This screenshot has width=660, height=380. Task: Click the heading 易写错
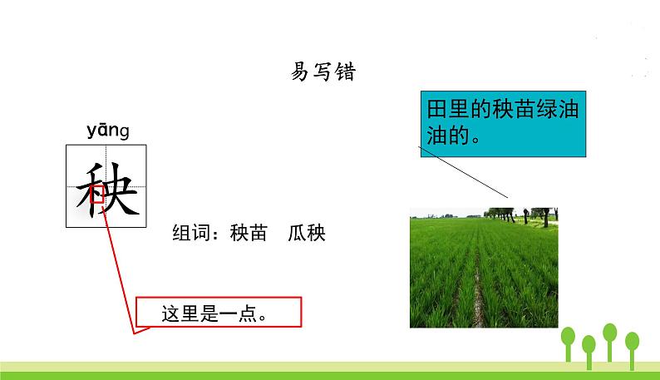pyautogui.click(x=323, y=73)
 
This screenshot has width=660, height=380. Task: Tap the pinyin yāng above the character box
pyautogui.click(x=108, y=131)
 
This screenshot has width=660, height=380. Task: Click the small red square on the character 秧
pyautogui.click(x=97, y=196)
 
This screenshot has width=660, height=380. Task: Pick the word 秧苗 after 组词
pyautogui.click(x=249, y=234)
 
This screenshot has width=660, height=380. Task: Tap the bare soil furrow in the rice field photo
pyautogui.click(x=476, y=291)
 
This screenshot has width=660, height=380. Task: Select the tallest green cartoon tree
pyautogui.click(x=609, y=337)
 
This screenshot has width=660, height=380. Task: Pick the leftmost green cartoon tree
pyautogui.click(x=569, y=340)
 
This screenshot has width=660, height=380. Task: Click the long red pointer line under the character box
pyautogui.click(x=120, y=266)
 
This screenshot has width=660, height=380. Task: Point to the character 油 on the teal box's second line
pyautogui.click(x=436, y=136)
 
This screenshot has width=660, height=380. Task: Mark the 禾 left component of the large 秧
pyautogui.click(x=90, y=188)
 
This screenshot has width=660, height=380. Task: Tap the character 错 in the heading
pyautogui.click(x=346, y=73)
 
